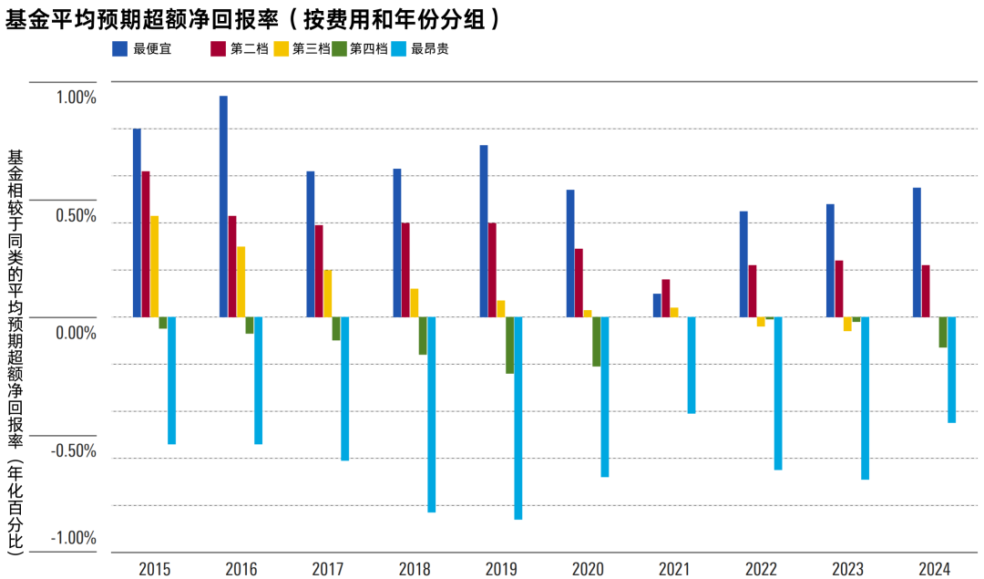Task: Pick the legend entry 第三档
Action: click(310, 49)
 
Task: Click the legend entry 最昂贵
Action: click(429, 49)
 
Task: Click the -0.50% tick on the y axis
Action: click(70, 451)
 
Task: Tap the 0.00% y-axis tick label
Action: click(72, 333)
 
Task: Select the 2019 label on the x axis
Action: click(501, 569)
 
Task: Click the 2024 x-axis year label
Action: click(934, 569)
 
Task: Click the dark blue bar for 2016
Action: click(223, 206)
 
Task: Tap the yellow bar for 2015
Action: click(154, 266)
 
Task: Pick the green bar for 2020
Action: click(596, 341)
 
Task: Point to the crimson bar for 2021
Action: click(665, 297)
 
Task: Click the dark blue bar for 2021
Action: click(657, 305)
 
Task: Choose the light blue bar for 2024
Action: click(951, 369)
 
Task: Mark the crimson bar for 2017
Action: click(319, 271)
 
